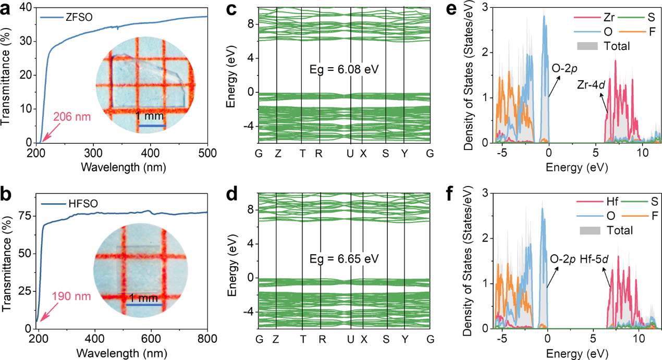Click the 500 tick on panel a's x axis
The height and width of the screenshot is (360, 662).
point(207,154)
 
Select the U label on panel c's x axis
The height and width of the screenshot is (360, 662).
point(351,154)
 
